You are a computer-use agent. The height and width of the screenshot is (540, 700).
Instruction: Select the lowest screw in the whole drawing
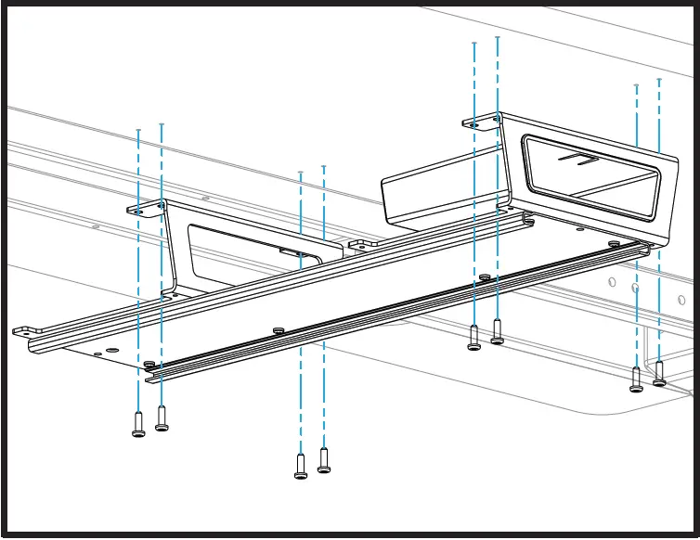click(x=301, y=465)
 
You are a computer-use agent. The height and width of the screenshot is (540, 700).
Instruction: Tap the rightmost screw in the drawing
click(x=659, y=373)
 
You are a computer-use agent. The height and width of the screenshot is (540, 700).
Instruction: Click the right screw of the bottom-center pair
click(x=324, y=460)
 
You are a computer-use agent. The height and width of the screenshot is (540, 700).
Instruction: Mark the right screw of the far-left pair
click(x=162, y=418)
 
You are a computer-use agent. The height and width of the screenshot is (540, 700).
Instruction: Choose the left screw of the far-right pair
click(x=636, y=379)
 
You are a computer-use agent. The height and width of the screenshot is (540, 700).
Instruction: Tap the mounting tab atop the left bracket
click(x=145, y=210)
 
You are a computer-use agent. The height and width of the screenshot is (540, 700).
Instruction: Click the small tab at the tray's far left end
click(x=26, y=329)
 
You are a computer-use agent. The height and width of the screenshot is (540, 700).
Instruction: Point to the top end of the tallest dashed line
click(x=498, y=38)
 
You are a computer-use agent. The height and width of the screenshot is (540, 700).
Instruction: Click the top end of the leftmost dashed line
click(x=138, y=130)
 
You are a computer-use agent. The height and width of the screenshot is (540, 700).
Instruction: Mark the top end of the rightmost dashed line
click(x=659, y=80)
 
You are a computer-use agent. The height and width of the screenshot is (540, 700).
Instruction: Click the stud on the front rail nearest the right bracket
click(x=614, y=243)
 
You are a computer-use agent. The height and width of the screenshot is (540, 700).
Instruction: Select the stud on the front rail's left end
click(x=149, y=365)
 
